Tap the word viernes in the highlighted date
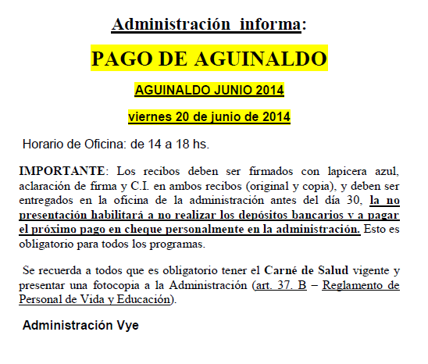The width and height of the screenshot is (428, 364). tap(151, 117)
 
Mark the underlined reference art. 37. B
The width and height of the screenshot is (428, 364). tap(278, 286)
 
